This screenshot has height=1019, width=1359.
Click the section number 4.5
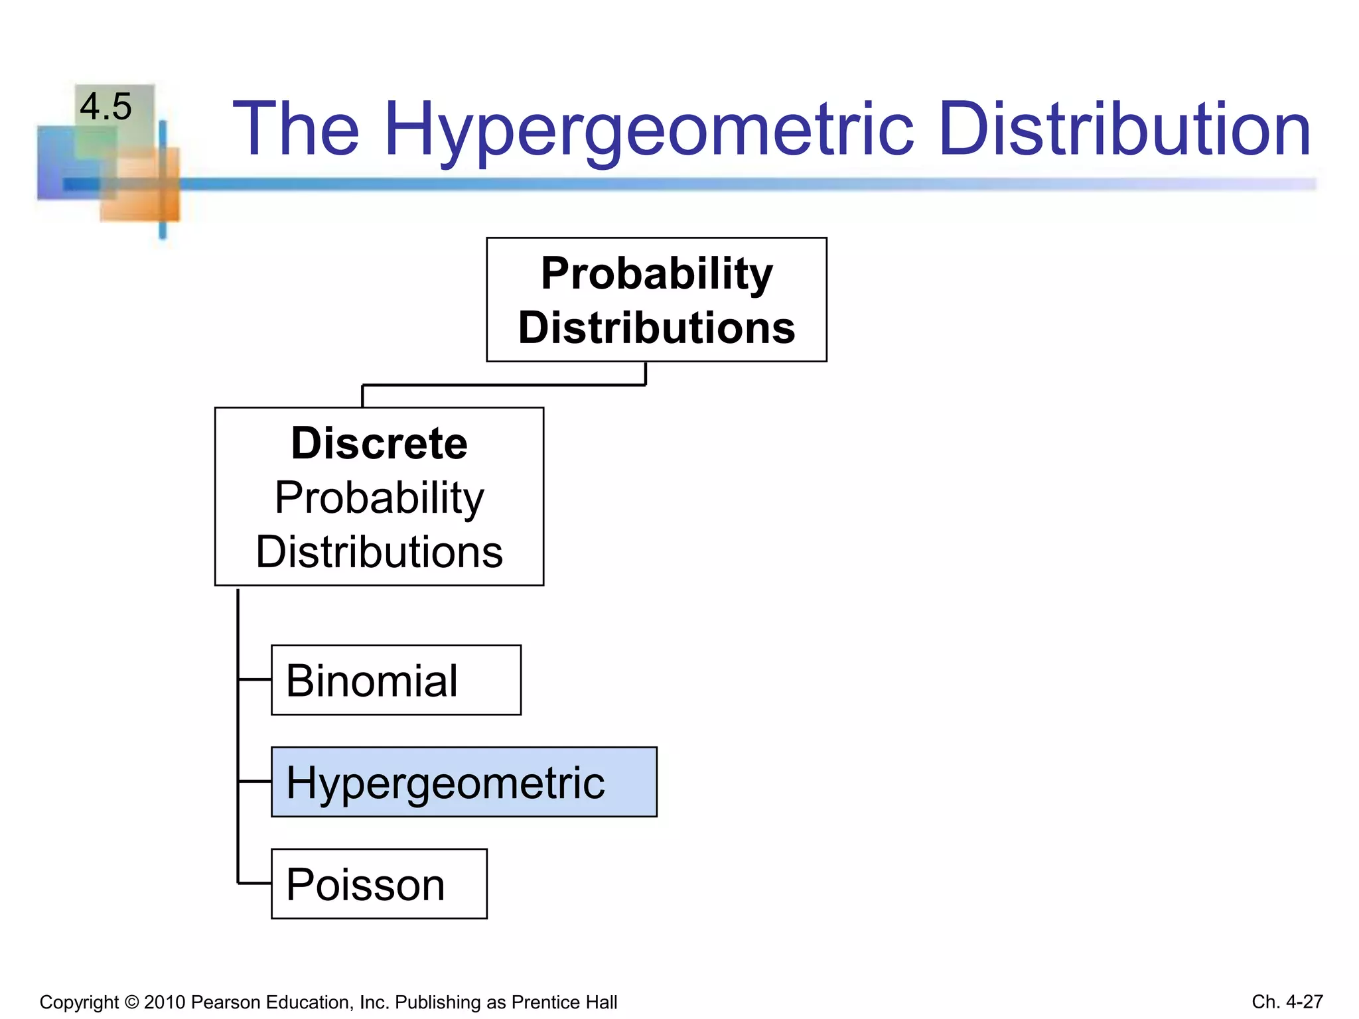point(106,107)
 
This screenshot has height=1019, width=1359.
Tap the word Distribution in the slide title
point(1124,129)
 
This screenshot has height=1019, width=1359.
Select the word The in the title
point(296,129)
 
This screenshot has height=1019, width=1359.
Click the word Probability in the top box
point(656,273)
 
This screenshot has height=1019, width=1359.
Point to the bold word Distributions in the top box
point(656,328)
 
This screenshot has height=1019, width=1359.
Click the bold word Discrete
point(379,443)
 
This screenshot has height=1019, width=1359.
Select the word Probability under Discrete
point(379,498)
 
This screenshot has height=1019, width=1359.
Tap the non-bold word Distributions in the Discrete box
point(379,552)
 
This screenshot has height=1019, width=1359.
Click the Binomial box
point(396,680)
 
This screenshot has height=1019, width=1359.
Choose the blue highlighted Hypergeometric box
point(464,782)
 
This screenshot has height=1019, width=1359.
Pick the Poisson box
point(379,884)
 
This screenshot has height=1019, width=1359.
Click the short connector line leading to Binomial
point(255,679)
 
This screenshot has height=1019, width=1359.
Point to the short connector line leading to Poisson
point(255,883)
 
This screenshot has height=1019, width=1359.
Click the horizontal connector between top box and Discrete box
point(504,385)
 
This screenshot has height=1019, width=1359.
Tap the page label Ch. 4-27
point(1287,1002)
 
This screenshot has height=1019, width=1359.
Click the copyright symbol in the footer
point(131,1002)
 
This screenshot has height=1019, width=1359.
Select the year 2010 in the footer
point(165,1002)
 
